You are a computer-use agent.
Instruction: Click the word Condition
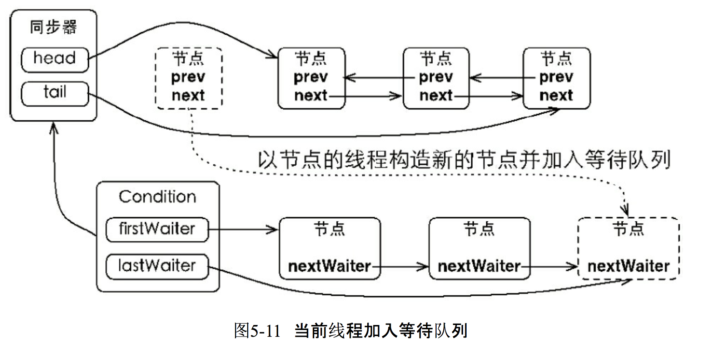(158, 197)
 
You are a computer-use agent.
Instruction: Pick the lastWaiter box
(157, 266)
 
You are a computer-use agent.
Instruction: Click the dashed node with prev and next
(189, 78)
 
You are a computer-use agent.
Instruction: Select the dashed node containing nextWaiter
(628, 248)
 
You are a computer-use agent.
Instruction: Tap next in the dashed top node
(188, 96)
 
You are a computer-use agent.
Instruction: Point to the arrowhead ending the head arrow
(273, 55)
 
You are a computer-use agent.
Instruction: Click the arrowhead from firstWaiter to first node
(274, 230)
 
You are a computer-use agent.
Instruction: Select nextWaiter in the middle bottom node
(479, 266)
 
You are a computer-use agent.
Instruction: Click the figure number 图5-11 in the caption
(257, 331)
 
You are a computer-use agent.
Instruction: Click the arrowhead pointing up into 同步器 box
(54, 127)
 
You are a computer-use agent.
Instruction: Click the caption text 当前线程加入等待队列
(381, 331)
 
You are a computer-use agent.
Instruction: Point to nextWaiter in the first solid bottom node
(329, 266)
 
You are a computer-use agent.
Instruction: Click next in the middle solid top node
(436, 96)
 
